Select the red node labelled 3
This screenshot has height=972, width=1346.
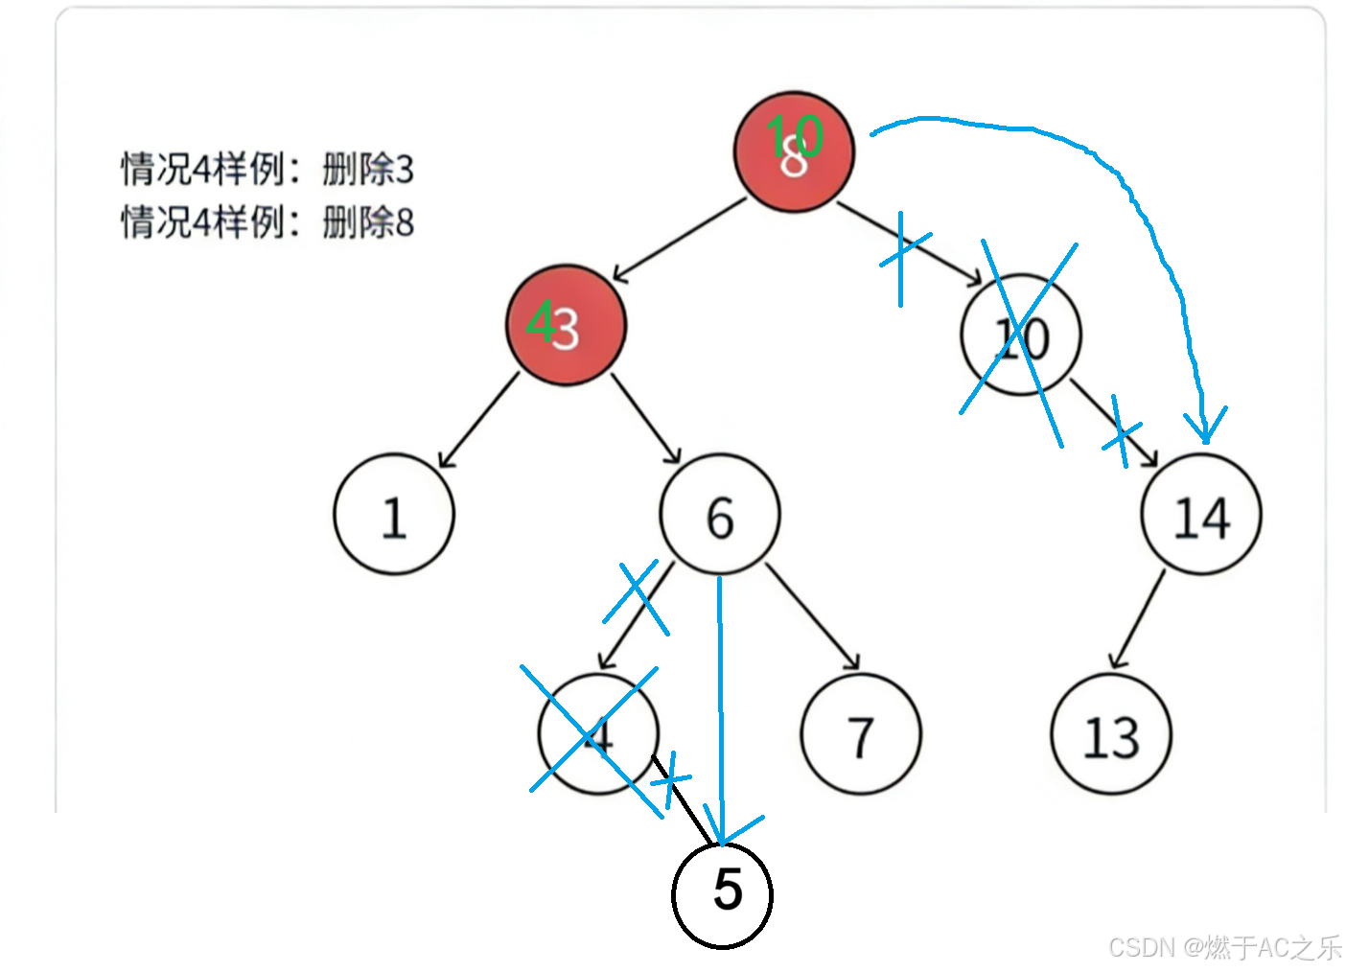(567, 326)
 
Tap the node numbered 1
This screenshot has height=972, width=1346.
(394, 515)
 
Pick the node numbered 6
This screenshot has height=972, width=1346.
(720, 516)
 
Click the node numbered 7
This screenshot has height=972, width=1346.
(861, 735)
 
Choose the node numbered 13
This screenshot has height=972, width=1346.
(1112, 735)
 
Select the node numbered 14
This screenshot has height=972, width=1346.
(1201, 516)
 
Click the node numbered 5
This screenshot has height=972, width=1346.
(723, 891)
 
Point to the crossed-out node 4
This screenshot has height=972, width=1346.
(598, 734)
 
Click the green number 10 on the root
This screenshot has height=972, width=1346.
(795, 135)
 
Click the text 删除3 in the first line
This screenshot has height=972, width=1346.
(368, 170)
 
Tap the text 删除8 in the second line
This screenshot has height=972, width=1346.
(368, 222)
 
